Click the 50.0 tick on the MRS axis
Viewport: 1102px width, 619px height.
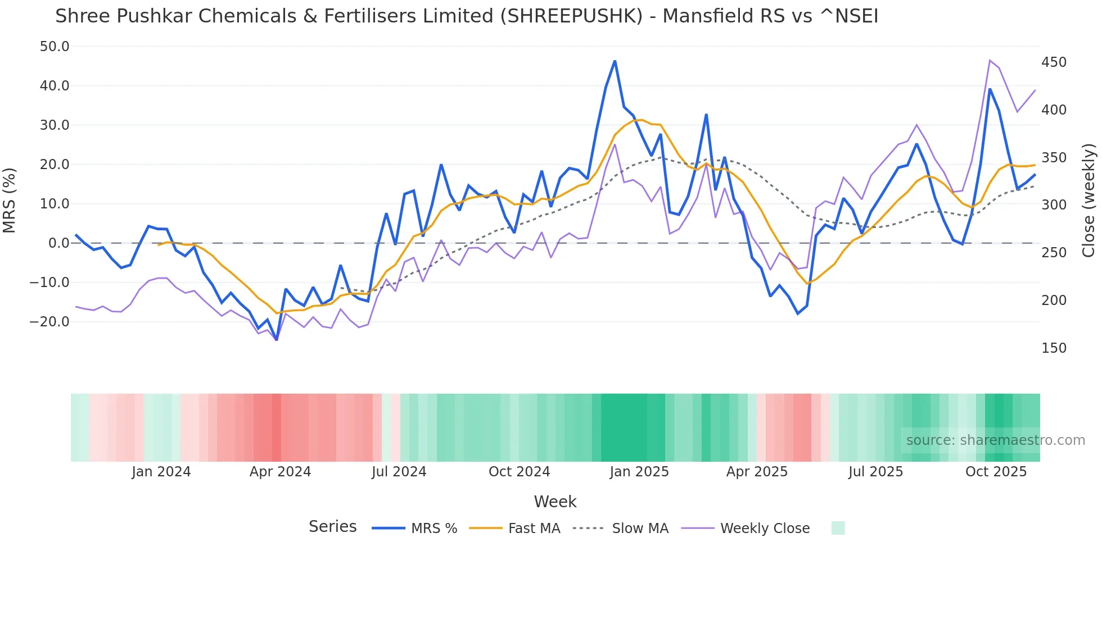tap(55, 47)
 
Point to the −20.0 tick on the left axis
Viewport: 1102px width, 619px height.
tap(49, 322)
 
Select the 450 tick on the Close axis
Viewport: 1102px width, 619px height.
tap(1054, 62)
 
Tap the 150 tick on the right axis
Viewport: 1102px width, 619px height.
tap(1054, 348)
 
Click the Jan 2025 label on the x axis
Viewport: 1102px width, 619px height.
tap(639, 472)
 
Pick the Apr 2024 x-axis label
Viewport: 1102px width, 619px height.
tap(280, 472)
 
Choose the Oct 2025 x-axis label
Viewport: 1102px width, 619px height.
tap(996, 472)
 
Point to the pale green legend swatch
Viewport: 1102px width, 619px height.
tap(838, 528)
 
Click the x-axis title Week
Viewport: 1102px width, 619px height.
tap(555, 502)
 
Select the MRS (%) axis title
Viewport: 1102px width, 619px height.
tap(10, 200)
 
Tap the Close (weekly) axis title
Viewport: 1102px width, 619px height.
tap(1089, 201)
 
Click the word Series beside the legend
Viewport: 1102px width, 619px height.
tap(332, 527)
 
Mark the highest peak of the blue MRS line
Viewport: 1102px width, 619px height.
tap(615, 61)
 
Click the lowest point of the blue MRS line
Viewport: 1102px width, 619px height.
tap(277, 340)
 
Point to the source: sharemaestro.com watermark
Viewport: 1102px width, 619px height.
tap(995, 440)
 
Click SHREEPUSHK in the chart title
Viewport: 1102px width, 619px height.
tap(571, 16)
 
